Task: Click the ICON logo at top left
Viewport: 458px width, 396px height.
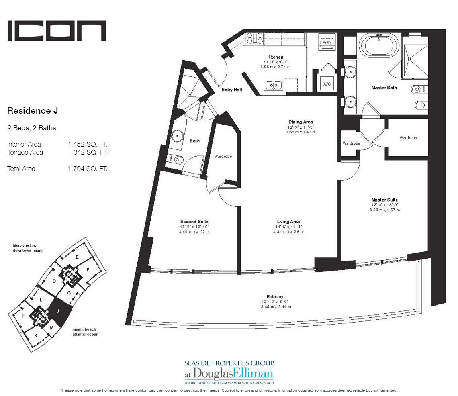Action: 56,31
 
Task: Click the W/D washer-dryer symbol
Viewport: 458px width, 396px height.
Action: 327,43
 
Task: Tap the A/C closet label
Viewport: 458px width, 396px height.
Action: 327,84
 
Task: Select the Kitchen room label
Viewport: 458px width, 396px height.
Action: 275,57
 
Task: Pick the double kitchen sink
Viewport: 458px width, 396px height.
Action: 274,86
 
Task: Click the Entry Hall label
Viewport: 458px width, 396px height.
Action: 232,90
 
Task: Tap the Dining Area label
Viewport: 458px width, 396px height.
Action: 301,122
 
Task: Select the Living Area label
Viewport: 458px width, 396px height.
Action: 288,222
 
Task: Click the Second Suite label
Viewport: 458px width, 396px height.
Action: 194,222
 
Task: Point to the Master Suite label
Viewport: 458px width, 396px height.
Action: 384,200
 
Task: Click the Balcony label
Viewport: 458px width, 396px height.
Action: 275,296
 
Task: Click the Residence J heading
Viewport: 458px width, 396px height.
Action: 33,111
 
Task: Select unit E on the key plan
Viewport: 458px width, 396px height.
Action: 77,257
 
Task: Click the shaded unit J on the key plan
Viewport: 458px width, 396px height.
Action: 59,312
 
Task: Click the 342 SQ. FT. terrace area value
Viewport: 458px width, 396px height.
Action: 90,153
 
